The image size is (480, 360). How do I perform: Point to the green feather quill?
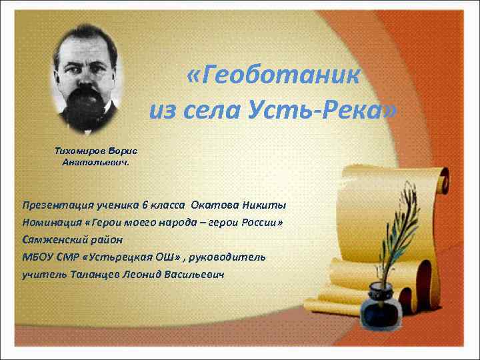click(x=399, y=227)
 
